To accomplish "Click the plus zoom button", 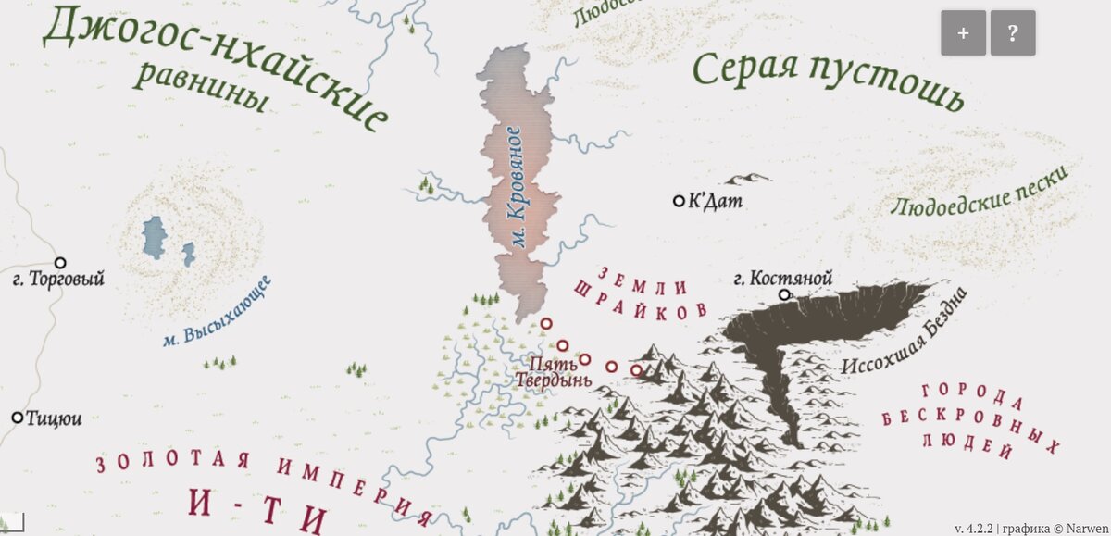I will click(964, 33).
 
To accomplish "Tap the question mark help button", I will click(1013, 33).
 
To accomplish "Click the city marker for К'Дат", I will click(679, 200).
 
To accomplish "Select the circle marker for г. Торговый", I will click(60, 263).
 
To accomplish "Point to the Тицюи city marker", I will click(17, 418).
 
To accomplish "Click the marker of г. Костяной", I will click(784, 295).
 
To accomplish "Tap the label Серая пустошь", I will click(828, 81).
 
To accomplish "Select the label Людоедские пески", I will click(979, 191).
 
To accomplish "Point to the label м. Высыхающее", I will click(215, 313).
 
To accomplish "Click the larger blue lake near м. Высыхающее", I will click(155, 238).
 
